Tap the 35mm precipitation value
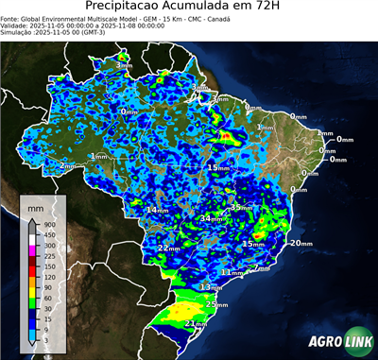(x=242, y=208)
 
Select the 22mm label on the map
(x=169, y=248)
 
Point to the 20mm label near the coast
(x=301, y=243)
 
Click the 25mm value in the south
(x=216, y=304)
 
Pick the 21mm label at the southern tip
(x=196, y=324)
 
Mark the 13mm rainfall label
(x=212, y=286)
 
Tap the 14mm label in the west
(x=157, y=209)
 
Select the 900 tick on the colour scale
(x=50, y=224)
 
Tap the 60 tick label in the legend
(x=48, y=299)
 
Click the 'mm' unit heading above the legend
(x=37, y=206)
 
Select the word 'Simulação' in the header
(x=16, y=32)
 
